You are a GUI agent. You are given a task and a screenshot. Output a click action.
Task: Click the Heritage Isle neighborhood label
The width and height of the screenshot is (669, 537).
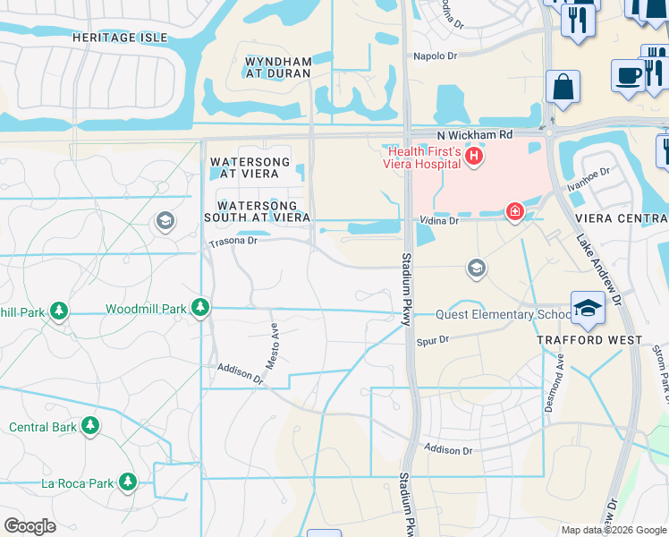tap(119, 37)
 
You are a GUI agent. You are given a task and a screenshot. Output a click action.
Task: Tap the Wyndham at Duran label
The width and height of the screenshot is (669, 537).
tap(278, 68)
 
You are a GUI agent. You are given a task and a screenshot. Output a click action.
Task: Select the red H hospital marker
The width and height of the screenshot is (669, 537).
tap(474, 158)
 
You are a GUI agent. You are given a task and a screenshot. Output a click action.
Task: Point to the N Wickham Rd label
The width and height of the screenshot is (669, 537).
tap(474, 135)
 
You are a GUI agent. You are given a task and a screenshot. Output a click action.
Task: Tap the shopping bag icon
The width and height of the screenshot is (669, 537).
tap(563, 87)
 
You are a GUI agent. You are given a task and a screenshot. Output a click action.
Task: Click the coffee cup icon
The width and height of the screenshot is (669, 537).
tap(628, 74)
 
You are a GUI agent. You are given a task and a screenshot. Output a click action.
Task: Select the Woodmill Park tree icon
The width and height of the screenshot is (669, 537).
tap(200, 309)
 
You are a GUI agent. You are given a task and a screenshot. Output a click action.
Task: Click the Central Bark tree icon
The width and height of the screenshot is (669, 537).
tap(90, 427)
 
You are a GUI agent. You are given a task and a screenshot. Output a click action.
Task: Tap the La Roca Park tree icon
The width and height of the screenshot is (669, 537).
tap(128, 483)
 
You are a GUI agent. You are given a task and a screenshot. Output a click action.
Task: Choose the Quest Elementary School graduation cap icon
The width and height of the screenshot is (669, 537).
tap(588, 308)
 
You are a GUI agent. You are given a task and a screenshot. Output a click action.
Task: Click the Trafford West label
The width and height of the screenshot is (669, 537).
tap(589, 340)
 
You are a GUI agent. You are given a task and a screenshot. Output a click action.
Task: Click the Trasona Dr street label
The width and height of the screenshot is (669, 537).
tap(233, 242)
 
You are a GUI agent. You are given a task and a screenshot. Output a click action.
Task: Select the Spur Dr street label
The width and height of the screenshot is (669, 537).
tap(432, 340)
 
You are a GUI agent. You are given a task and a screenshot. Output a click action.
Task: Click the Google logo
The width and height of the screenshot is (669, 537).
tap(30, 526)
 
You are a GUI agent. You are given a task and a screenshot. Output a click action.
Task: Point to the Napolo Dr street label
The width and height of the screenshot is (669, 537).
tap(435, 55)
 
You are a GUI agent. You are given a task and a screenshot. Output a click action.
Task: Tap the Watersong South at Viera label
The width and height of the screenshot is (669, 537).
tap(257, 210)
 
